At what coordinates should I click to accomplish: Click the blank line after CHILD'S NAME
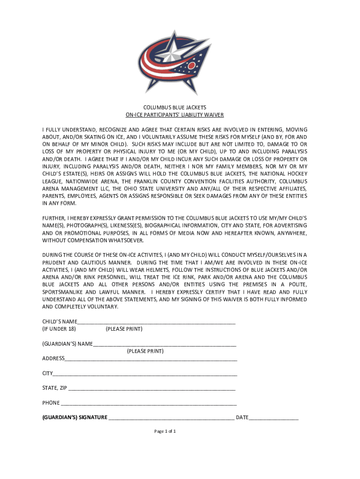point(156,322)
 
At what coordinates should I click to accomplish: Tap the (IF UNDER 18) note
point(59,329)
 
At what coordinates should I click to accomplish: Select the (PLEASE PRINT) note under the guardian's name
point(145,351)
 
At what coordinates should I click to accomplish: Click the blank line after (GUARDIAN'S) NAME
point(164,344)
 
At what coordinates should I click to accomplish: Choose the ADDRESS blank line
point(151,359)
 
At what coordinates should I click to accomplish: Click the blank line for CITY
point(145,374)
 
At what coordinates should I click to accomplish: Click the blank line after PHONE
point(149,403)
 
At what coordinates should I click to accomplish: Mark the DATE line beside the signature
point(274,417)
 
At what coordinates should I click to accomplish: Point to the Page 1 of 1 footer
point(165,431)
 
